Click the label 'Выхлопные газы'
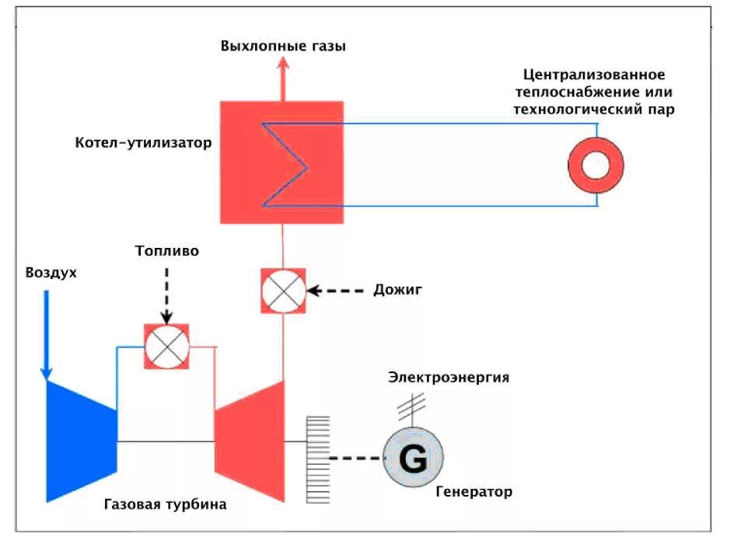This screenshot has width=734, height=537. click(x=283, y=46)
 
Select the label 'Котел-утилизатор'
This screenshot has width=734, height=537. click(x=143, y=143)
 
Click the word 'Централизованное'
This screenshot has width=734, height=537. click(x=593, y=75)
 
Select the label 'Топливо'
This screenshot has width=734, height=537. click(x=166, y=251)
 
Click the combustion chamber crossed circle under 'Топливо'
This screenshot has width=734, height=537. click(x=166, y=346)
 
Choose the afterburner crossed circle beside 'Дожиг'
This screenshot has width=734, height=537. click(x=283, y=291)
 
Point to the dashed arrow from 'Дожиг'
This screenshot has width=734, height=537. click(x=336, y=291)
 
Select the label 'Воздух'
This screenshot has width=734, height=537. click(x=51, y=273)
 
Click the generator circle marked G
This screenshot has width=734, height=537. click(x=413, y=459)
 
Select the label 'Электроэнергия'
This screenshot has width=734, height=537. click(x=449, y=378)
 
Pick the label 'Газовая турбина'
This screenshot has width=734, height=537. click(x=165, y=504)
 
